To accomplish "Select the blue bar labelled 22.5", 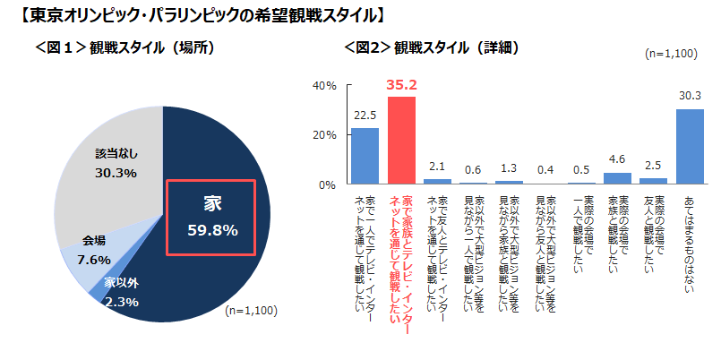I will click(x=364, y=157).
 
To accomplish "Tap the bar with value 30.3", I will click(x=690, y=147).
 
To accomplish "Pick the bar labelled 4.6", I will click(x=617, y=178).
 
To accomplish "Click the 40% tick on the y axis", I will click(x=323, y=86).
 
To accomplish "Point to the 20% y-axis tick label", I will click(x=323, y=135).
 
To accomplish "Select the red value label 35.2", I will click(x=401, y=85).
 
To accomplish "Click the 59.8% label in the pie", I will click(x=212, y=230).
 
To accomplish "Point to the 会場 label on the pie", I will click(x=94, y=240).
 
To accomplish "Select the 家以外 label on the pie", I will click(x=121, y=283).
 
